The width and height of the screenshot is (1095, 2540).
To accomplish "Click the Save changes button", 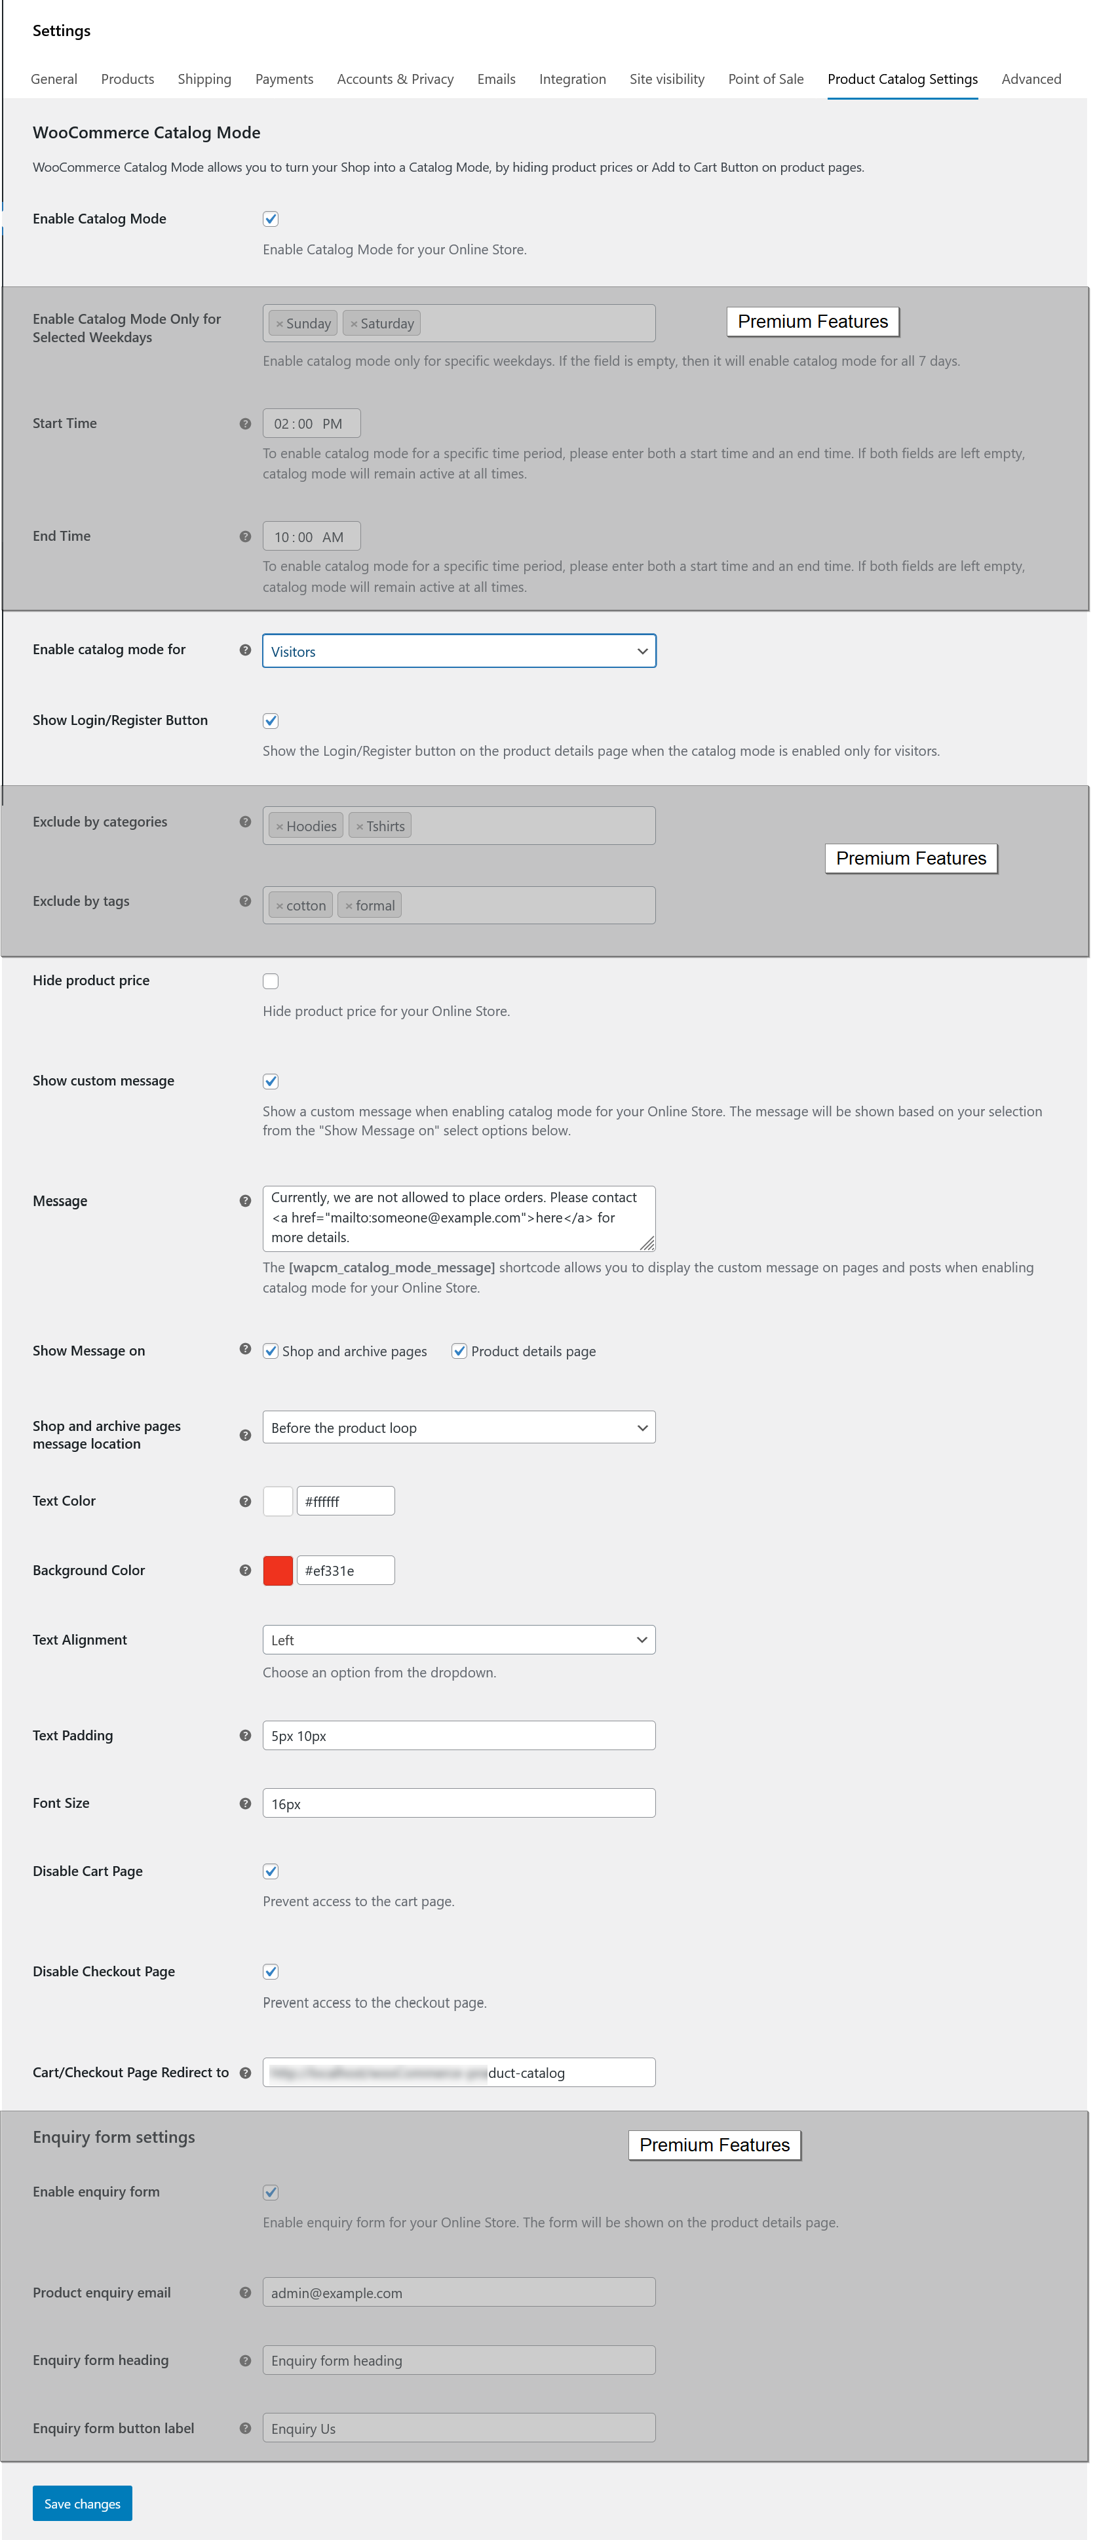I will click(82, 2503).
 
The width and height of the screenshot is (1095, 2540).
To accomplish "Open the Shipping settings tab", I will click(204, 79).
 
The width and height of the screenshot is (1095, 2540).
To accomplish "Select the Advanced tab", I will click(1030, 79).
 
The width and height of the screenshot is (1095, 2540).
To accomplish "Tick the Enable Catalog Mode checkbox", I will click(270, 219).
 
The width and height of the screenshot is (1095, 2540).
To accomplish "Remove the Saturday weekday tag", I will click(354, 323).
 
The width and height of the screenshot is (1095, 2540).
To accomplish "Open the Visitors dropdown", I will click(458, 651).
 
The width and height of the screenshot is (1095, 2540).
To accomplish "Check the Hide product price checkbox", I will click(270, 981).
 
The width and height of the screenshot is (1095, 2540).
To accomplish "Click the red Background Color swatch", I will click(278, 1570).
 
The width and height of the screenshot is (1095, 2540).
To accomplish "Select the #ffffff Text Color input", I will click(345, 1500).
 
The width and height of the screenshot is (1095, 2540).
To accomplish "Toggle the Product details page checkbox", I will click(458, 1351).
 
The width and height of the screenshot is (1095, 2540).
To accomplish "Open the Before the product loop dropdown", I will click(458, 1428).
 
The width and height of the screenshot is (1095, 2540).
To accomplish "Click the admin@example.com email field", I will click(458, 2292).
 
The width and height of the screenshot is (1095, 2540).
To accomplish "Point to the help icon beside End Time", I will click(244, 536).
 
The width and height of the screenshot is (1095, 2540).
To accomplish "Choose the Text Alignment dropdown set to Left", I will click(458, 1640).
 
